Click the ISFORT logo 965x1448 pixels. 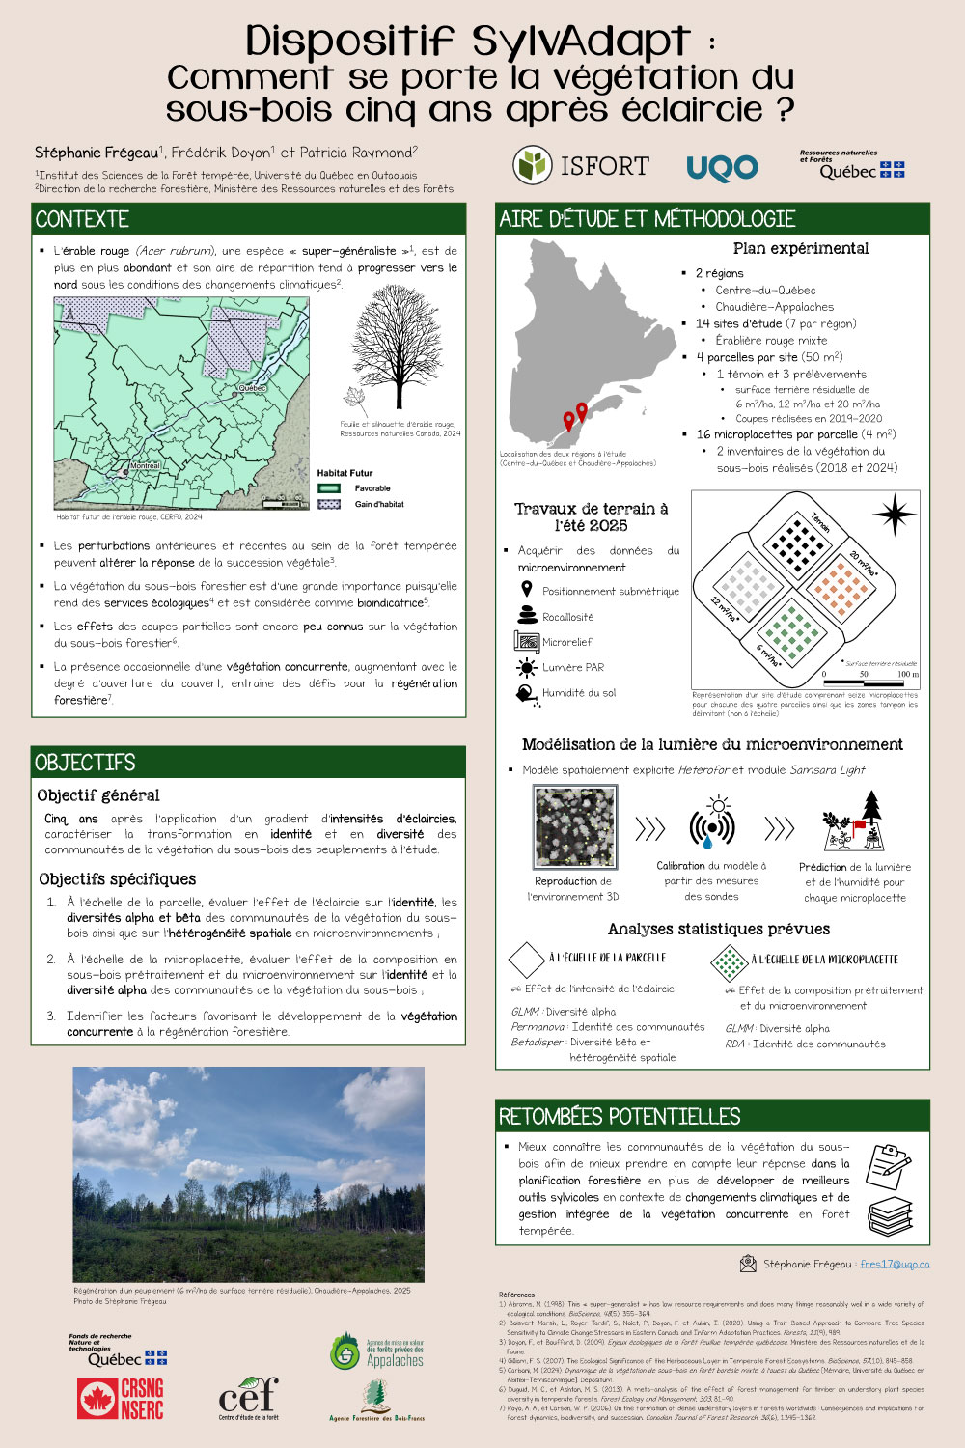point(580,166)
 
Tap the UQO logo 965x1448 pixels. point(722,169)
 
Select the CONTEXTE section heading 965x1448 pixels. point(82,219)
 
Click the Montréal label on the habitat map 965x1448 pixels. point(144,466)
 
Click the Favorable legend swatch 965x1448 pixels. point(329,488)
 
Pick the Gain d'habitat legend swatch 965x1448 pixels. point(329,504)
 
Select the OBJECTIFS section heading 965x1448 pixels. point(85,763)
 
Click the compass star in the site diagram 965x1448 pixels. point(895,514)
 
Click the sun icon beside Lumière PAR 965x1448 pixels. point(526,667)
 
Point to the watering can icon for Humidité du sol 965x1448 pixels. point(526,693)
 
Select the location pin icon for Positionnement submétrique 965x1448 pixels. point(526,590)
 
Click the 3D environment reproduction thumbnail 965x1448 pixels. point(574,827)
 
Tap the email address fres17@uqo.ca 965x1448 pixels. point(895,1264)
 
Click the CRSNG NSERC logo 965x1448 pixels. point(121,1399)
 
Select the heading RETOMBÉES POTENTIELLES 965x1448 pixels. point(620,1117)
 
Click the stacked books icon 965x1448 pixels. point(889,1215)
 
